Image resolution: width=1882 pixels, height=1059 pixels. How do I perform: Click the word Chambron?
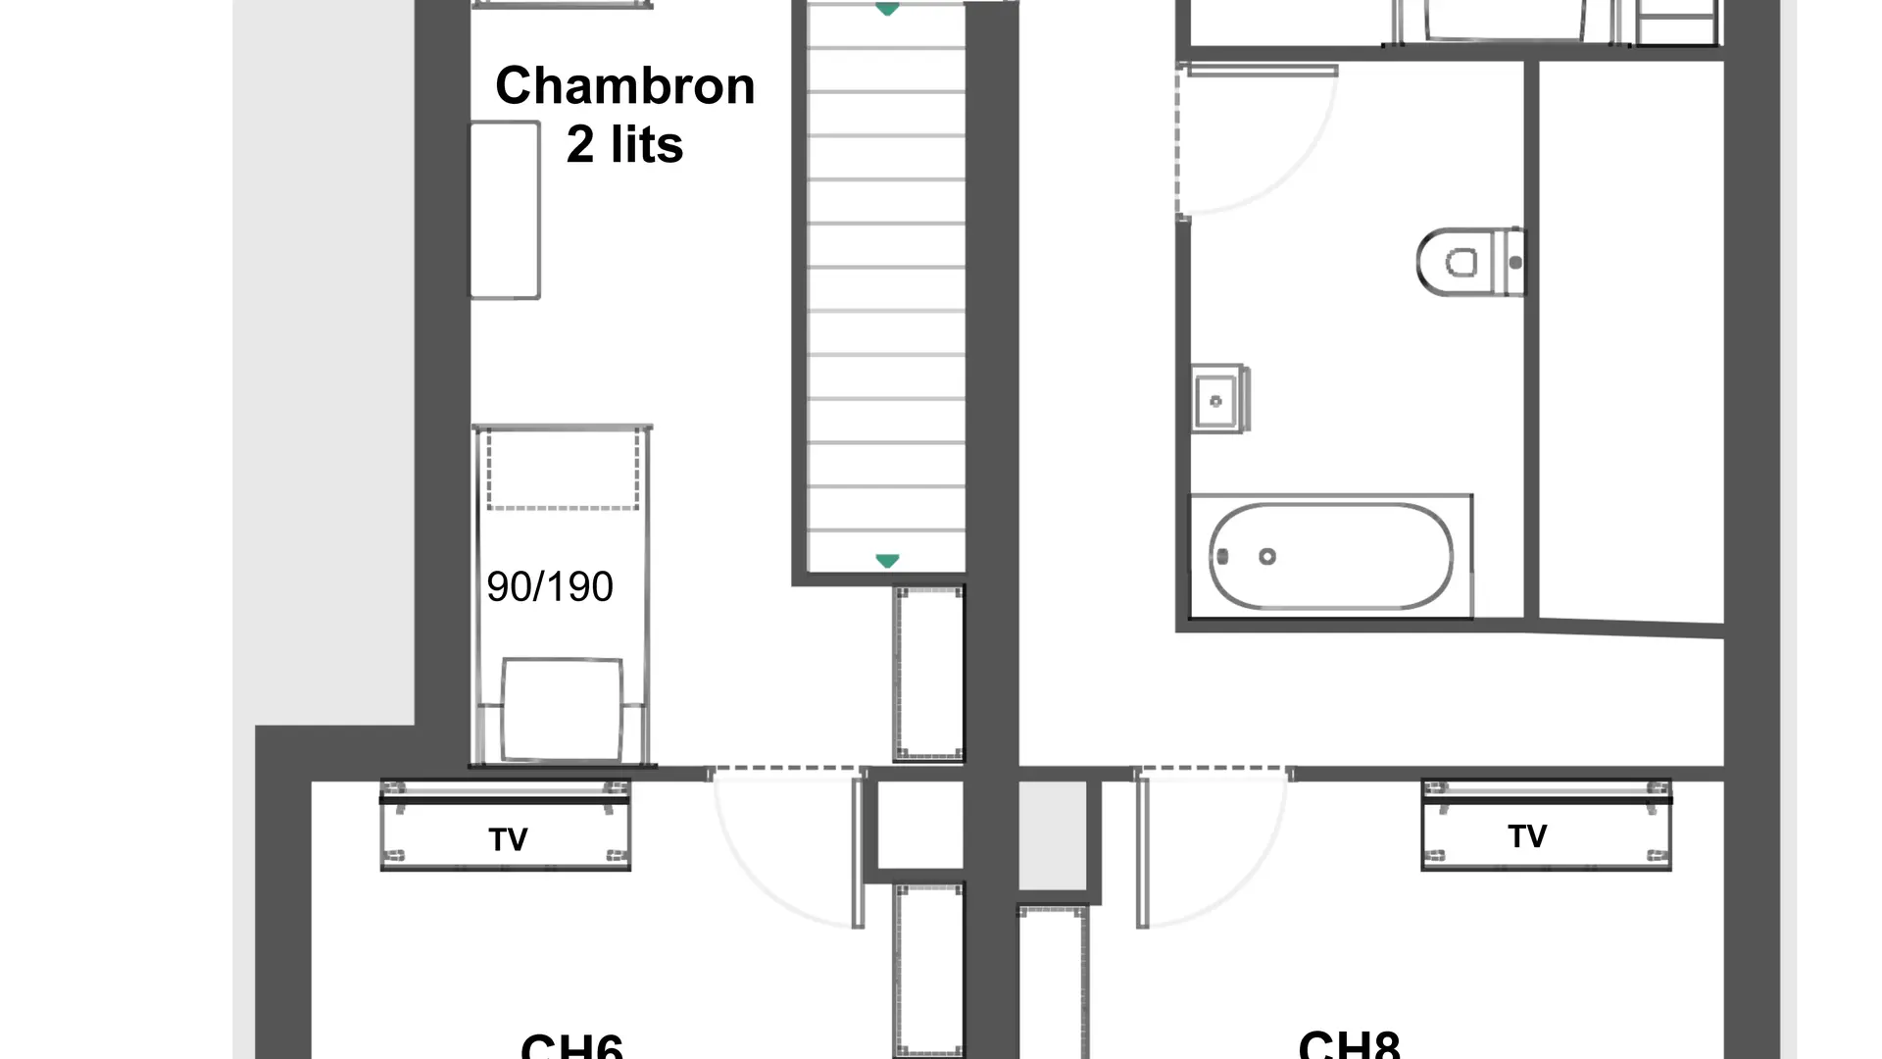[x=624, y=86]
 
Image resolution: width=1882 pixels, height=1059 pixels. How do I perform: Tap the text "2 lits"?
[x=624, y=145]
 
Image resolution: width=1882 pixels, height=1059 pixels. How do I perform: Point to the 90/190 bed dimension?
[x=549, y=586]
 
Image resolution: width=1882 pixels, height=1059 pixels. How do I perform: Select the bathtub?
[x=1330, y=556]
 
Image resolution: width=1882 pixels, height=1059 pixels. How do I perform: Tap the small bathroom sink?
[x=1216, y=400]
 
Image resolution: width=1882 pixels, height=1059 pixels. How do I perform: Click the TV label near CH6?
[x=508, y=839]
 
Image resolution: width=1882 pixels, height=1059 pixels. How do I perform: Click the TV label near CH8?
[x=1527, y=836]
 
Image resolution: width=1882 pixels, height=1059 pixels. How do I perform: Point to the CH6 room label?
[x=571, y=1045]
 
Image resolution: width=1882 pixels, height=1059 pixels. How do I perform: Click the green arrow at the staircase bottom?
[x=887, y=561]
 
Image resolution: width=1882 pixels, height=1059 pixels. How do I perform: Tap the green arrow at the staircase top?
[x=887, y=10]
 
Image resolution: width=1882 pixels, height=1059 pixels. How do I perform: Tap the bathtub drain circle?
[x=1267, y=556]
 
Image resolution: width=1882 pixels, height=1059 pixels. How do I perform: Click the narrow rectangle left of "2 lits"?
[x=505, y=210]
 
